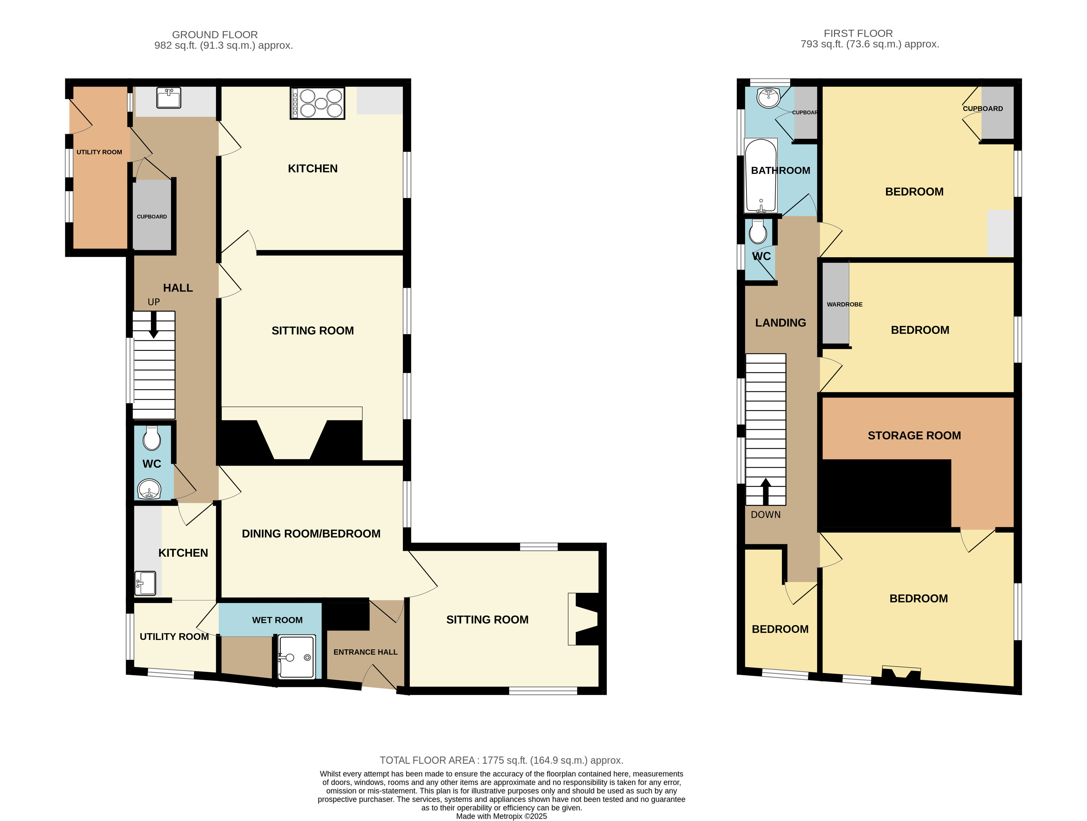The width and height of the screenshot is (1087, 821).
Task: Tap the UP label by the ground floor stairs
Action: click(x=154, y=302)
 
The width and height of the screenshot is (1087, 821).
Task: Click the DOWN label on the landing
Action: click(x=766, y=515)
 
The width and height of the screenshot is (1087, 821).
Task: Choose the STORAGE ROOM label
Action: click(x=914, y=435)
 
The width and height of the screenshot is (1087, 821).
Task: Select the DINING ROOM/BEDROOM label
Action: click(x=311, y=534)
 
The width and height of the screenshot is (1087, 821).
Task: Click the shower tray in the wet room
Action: click(x=297, y=657)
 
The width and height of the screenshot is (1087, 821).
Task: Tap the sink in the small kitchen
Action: click(x=145, y=583)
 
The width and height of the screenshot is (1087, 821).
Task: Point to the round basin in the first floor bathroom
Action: click(x=768, y=97)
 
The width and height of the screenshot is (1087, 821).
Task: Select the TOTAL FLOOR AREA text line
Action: click(x=501, y=760)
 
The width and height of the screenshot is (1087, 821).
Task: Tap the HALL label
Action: click(x=178, y=288)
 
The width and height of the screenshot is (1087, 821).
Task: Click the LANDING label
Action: click(x=780, y=323)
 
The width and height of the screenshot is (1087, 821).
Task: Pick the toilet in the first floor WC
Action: click(x=758, y=232)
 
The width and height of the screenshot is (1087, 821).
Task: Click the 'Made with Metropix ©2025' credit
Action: click(x=501, y=816)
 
